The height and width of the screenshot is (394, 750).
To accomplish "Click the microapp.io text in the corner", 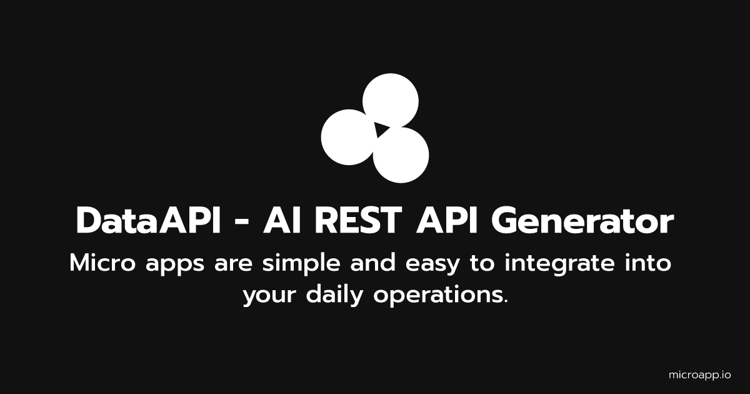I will (x=699, y=375).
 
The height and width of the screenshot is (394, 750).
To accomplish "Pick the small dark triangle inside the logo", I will (x=380, y=129).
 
